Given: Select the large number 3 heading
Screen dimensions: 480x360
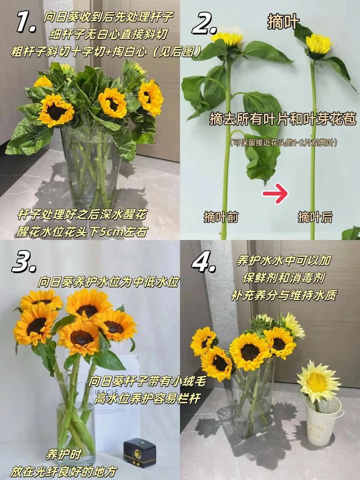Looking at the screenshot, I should [24, 262].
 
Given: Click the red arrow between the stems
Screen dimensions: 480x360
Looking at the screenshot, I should [275, 195].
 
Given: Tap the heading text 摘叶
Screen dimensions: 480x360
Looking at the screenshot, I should [283, 22].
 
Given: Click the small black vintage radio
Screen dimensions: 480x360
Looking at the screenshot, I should [139, 452].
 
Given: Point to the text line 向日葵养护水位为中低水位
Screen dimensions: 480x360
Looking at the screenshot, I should [108, 282].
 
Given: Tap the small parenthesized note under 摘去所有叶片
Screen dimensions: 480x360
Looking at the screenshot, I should [283, 143].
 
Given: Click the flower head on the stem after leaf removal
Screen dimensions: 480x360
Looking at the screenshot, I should [319, 44].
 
